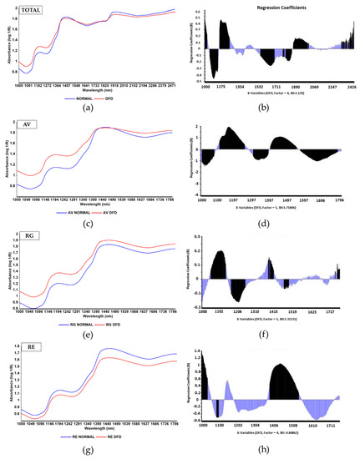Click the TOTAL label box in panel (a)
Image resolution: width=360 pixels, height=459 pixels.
(33, 9)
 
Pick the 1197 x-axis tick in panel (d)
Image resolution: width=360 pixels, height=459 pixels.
(256, 200)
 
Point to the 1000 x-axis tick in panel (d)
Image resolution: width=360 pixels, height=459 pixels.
(201, 200)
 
